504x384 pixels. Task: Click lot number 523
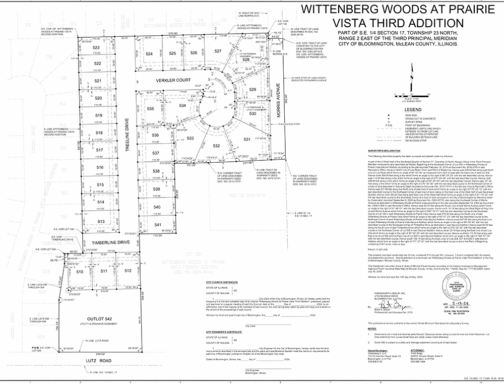[x=96, y=47]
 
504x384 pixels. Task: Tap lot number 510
[x=80, y=272]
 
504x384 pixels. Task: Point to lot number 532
[x=217, y=146]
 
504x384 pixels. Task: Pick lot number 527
[x=218, y=51]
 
